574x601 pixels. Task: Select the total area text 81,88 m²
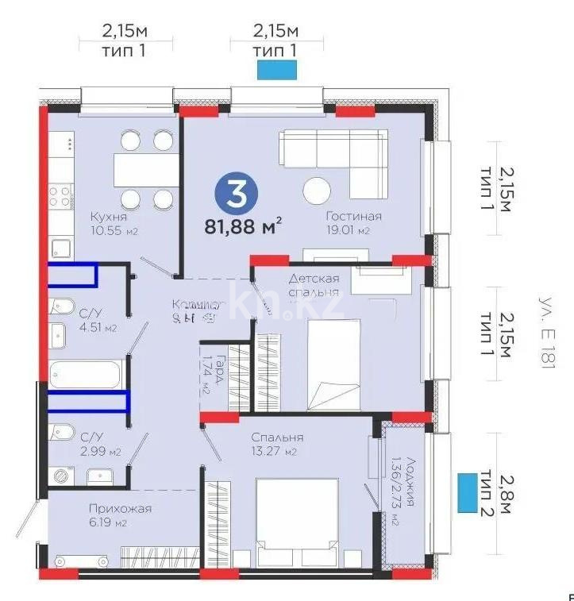(244, 227)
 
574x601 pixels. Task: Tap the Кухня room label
(109, 216)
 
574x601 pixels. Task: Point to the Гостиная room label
(353, 216)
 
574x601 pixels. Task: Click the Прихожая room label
(121, 508)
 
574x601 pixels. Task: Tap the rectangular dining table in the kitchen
(146, 169)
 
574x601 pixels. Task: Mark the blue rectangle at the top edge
(276, 70)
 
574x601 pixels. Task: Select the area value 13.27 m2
(274, 453)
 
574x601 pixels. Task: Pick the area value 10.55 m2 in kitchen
(109, 231)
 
